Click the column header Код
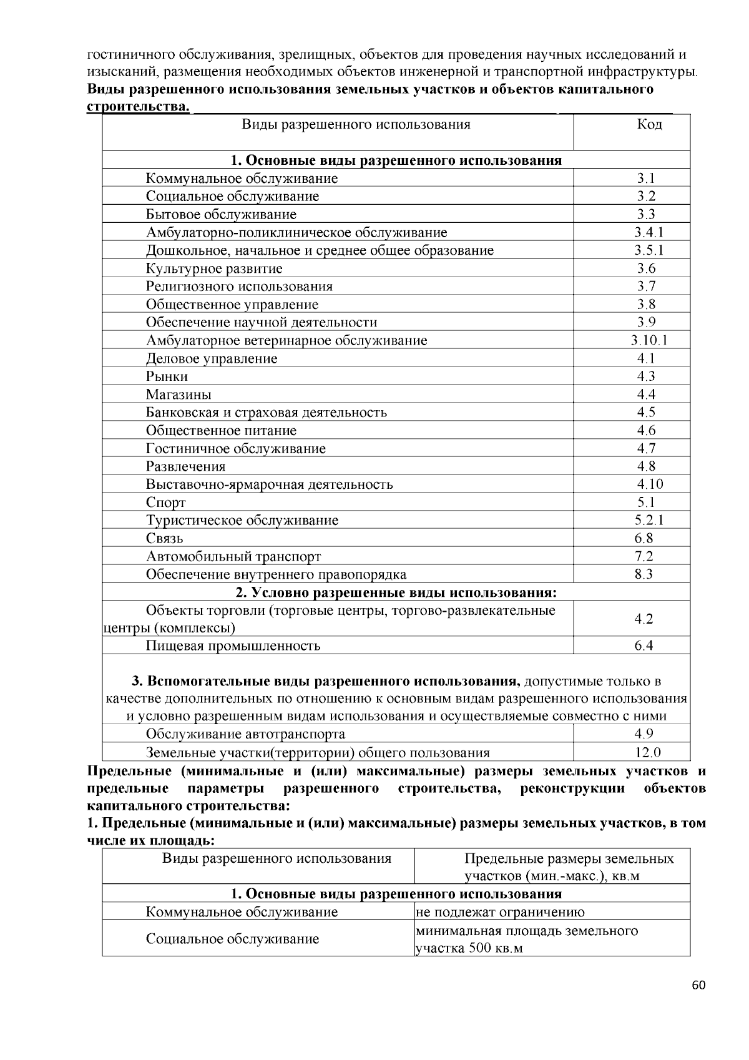(649, 125)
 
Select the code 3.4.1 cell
(649, 233)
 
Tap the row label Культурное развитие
(214, 269)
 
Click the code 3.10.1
(649, 341)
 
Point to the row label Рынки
(167, 376)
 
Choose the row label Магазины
(179, 395)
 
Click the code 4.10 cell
(650, 484)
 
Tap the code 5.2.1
(649, 521)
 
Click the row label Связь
(165, 539)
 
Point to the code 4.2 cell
(644, 619)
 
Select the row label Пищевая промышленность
(233, 646)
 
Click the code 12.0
(647, 753)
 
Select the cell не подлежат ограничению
(500, 913)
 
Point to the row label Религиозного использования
(239, 287)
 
